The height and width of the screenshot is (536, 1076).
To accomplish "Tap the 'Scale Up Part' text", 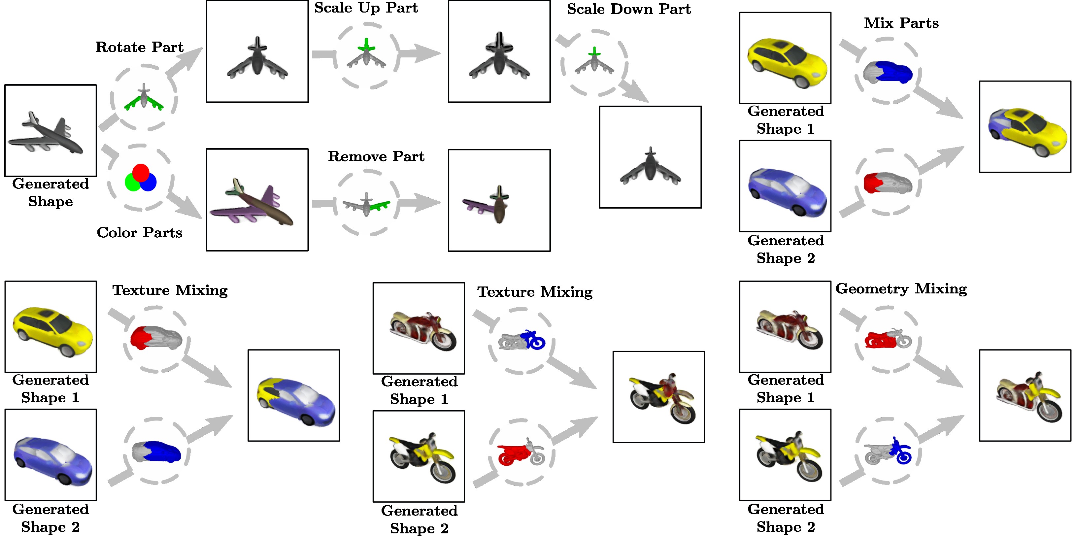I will (x=366, y=8).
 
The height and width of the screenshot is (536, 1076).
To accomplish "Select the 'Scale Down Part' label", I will (x=629, y=9).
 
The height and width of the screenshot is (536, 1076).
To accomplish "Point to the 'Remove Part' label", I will (x=376, y=156).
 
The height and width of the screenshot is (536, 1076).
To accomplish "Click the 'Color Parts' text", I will (x=140, y=232).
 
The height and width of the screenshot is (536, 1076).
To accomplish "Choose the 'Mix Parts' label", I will (x=901, y=23).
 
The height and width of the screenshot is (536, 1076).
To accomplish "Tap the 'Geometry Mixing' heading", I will (x=901, y=289).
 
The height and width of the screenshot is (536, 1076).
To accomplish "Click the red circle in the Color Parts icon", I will (x=141, y=173).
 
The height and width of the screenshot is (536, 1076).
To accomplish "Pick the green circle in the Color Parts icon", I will (x=132, y=183).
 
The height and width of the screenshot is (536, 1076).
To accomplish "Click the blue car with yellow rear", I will (x=295, y=399).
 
